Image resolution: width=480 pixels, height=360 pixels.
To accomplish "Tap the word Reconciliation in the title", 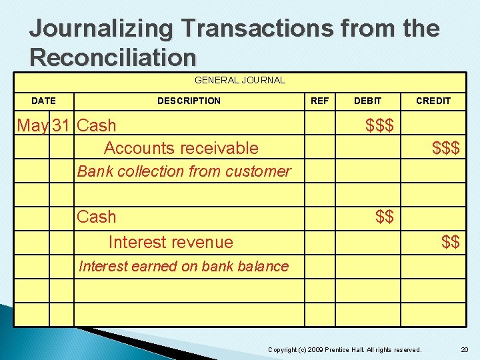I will coord(113,57).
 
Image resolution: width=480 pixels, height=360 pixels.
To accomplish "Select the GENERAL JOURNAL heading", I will coord(239,80).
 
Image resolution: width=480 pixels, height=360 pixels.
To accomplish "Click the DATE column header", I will coord(44,101).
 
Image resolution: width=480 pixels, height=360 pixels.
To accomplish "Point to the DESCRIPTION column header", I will coord(189,101).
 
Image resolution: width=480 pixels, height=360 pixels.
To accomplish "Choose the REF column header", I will coord(320,101).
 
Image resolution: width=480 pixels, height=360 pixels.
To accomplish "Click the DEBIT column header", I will coord(367,101).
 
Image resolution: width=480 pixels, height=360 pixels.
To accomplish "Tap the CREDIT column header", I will coord(433,101).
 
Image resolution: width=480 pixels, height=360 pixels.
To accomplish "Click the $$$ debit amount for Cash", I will coord(379,125).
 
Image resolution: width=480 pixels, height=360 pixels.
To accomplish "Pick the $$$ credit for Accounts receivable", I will coord(445,148).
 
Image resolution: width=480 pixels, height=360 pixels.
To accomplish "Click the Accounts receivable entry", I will coord(181,148).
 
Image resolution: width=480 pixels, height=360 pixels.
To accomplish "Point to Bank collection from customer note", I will coord(184,171).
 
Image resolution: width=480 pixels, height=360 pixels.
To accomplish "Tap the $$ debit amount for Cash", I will coord(384,217).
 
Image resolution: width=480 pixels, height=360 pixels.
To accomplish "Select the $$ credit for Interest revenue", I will coord(450,242).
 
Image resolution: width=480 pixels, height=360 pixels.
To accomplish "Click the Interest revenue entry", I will coord(171,242).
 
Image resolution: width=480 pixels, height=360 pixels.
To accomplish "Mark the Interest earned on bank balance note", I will coord(183,267).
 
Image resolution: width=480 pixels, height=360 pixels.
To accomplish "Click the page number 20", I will coord(464,350).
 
